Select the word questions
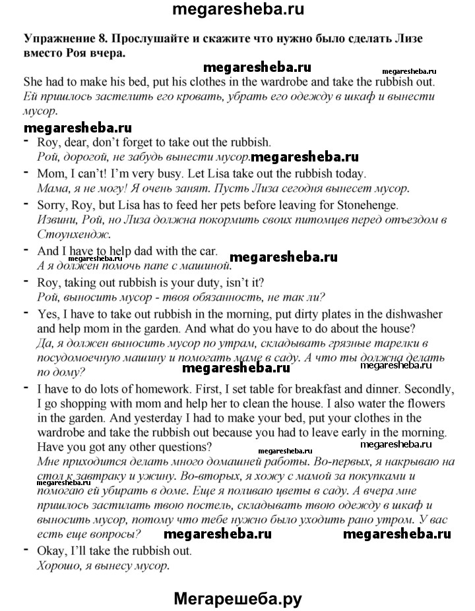[x=186, y=447]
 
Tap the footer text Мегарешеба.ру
[x=238, y=581]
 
